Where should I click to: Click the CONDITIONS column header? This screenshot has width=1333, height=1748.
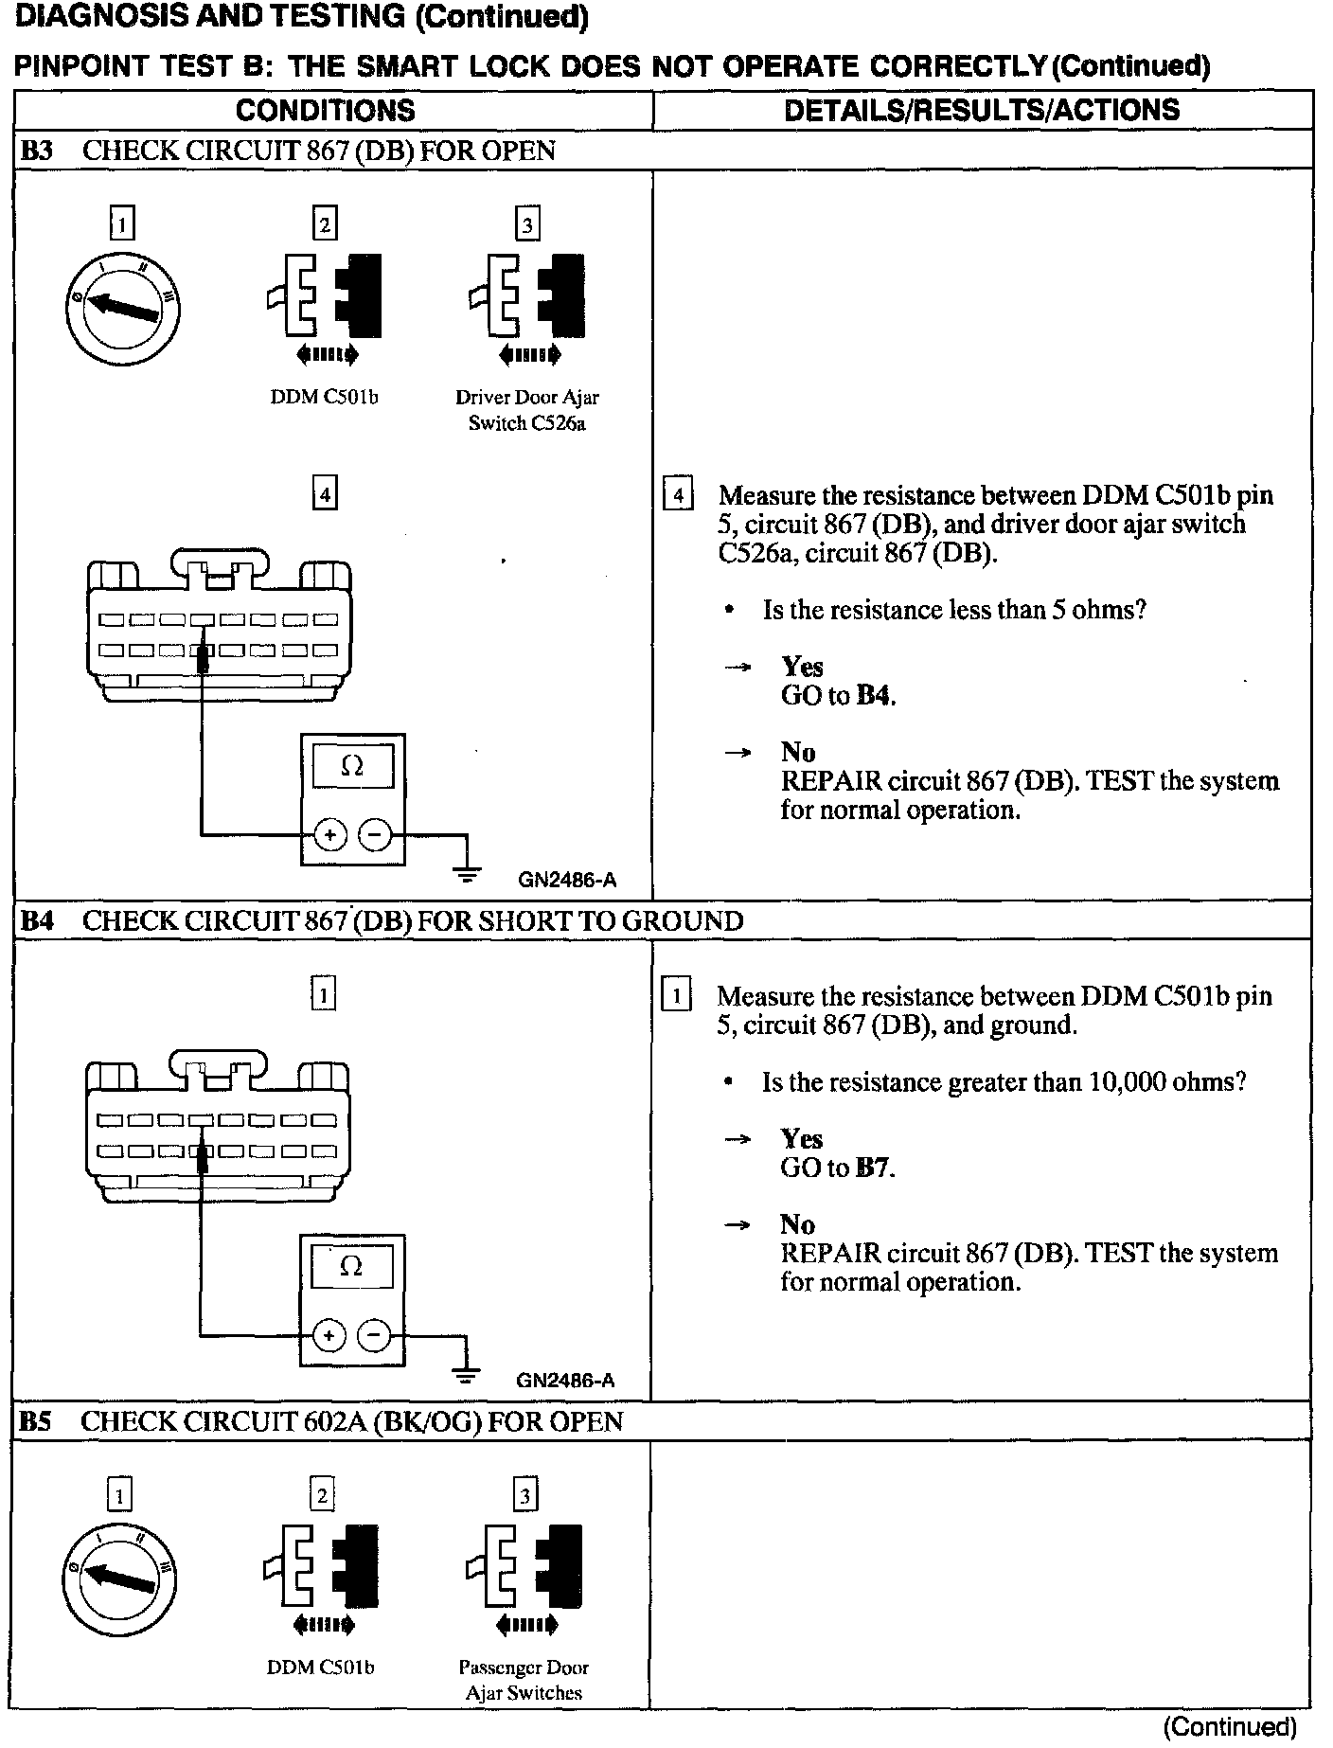(325, 110)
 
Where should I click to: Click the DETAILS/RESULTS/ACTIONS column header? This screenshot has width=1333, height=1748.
(982, 110)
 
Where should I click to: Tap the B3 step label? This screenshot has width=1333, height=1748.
(37, 151)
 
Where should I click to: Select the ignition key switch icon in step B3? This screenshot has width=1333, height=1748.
(122, 309)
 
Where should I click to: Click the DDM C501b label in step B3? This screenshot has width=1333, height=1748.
(324, 398)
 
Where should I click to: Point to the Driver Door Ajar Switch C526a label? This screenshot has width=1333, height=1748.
(526, 410)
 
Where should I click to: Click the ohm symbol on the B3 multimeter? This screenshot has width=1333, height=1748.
(351, 767)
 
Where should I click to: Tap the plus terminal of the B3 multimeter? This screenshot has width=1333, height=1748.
(329, 834)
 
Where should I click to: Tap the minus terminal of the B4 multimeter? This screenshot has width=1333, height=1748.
(375, 1335)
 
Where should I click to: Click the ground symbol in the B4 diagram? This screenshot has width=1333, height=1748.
(466, 1371)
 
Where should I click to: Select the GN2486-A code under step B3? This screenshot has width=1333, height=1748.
(566, 880)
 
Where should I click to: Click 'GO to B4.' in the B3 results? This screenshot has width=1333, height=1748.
(838, 696)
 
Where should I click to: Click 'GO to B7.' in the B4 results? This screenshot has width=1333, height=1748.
(837, 1168)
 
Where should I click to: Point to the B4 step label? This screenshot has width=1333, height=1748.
(37, 920)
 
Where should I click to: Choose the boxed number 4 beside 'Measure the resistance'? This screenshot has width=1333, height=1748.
(678, 495)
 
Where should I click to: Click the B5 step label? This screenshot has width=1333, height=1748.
(36, 1421)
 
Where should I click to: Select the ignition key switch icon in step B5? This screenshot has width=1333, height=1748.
(120, 1579)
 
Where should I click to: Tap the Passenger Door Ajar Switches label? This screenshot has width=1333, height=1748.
(524, 1680)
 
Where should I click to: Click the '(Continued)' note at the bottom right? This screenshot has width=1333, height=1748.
(1229, 1727)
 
